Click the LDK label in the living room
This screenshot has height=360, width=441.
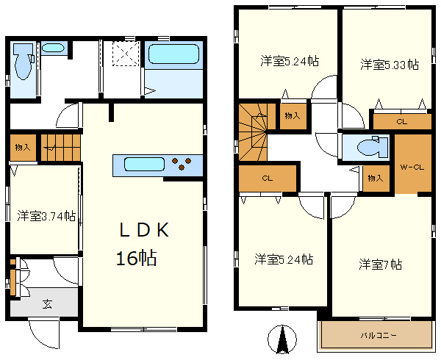click(x=144, y=230)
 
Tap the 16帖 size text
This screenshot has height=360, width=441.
click(x=137, y=258)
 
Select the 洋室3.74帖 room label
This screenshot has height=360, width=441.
click(x=46, y=216)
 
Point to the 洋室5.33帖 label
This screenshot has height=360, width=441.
click(x=390, y=65)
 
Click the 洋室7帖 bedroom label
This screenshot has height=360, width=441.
click(x=380, y=264)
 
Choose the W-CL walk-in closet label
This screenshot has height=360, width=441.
click(x=412, y=168)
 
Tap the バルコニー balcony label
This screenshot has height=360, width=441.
click(x=379, y=335)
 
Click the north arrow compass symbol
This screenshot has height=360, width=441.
click(x=282, y=339)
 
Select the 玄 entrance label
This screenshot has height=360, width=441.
click(x=47, y=303)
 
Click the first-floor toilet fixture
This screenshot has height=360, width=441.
click(x=24, y=62)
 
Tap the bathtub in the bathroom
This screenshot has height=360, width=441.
click(x=173, y=54)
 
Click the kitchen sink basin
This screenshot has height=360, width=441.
click(x=144, y=164)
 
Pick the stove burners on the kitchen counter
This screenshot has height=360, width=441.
click(x=182, y=164)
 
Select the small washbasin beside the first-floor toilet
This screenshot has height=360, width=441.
click(x=53, y=48)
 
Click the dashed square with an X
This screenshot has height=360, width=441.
click(x=126, y=54)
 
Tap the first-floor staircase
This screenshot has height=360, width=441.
click(x=60, y=148)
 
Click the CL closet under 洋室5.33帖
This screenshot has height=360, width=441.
click(x=402, y=122)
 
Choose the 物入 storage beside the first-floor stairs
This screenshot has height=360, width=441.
click(x=23, y=147)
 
